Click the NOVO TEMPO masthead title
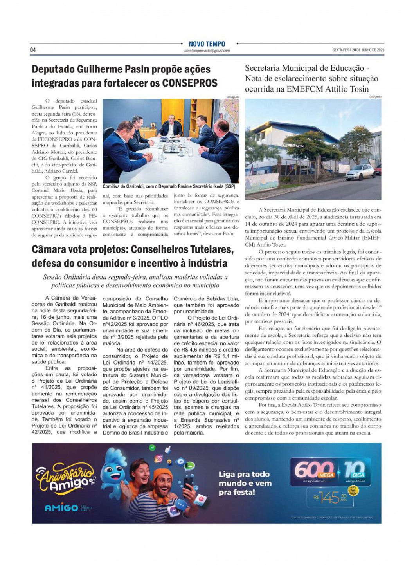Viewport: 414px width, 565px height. pos(207,44)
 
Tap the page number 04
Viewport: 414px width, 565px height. pos(33,50)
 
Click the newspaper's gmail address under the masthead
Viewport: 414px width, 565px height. pos(207,51)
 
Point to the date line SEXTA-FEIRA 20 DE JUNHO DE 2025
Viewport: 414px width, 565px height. pos(358,50)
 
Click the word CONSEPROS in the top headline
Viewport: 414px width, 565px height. pos(190,83)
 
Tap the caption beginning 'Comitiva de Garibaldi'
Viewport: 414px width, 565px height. pos(169,186)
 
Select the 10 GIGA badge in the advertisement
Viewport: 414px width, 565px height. pos(355,471)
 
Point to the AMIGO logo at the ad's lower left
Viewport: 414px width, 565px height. pos(61,508)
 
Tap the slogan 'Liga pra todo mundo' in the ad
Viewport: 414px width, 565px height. pos(244,483)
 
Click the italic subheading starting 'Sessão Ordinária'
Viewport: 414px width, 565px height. pos(135,281)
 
